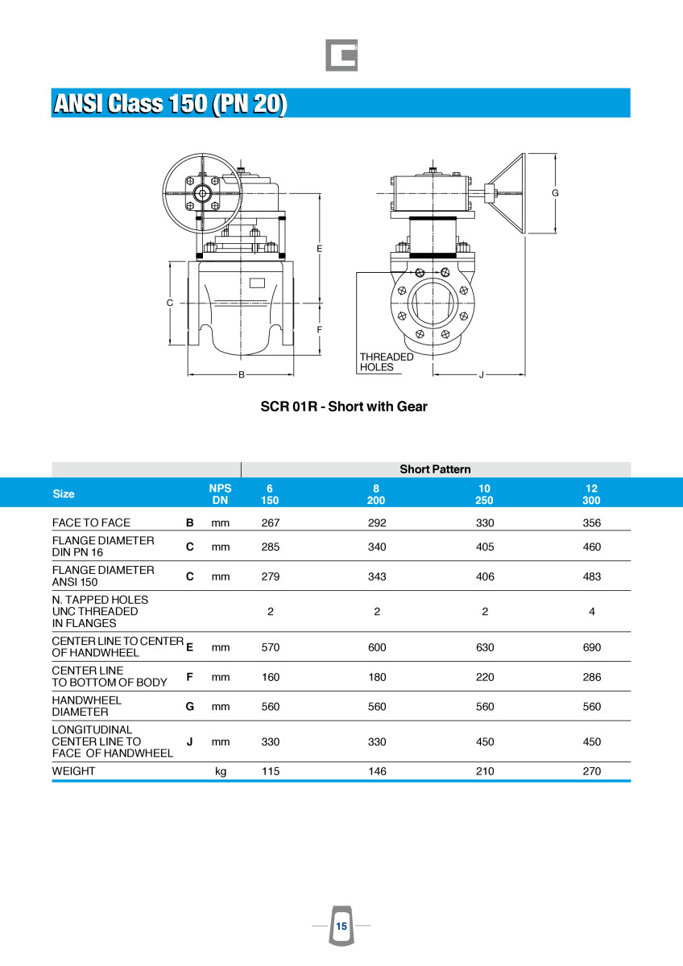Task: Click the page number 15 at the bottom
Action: pos(341,927)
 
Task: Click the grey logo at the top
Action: pos(341,55)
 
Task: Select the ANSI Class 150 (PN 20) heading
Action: pos(170,104)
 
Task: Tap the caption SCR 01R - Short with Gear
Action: pos(344,407)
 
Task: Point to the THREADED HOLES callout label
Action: pos(386,362)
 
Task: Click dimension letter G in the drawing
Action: pos(555,193)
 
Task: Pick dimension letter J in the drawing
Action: pos(481,374)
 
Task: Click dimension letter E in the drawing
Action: pos(319,249)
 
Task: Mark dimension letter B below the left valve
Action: pos(241,374)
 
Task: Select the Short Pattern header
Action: pos(435,469)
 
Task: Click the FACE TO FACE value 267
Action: pos(271,522)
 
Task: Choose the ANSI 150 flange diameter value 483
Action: pos(591,576)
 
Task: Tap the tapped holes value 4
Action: pos(591,612)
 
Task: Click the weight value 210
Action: pos(484,771)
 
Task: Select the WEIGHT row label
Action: pos(73,771)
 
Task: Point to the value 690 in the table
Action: pos(591,647)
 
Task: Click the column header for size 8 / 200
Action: pos(376,494)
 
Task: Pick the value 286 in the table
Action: pos(591,677)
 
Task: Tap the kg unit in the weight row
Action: pos(221,771)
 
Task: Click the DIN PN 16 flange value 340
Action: pos(377,547)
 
